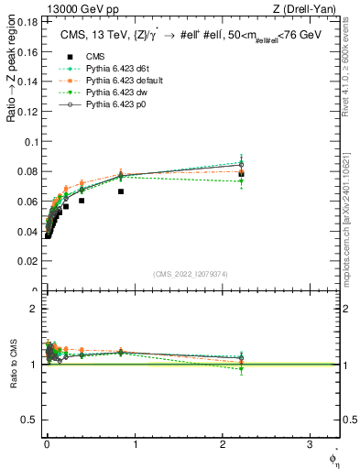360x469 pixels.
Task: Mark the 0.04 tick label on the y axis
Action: click(30, 232)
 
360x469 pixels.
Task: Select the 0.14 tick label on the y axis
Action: click(30, 82)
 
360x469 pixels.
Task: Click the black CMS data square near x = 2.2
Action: click(241, 174)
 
